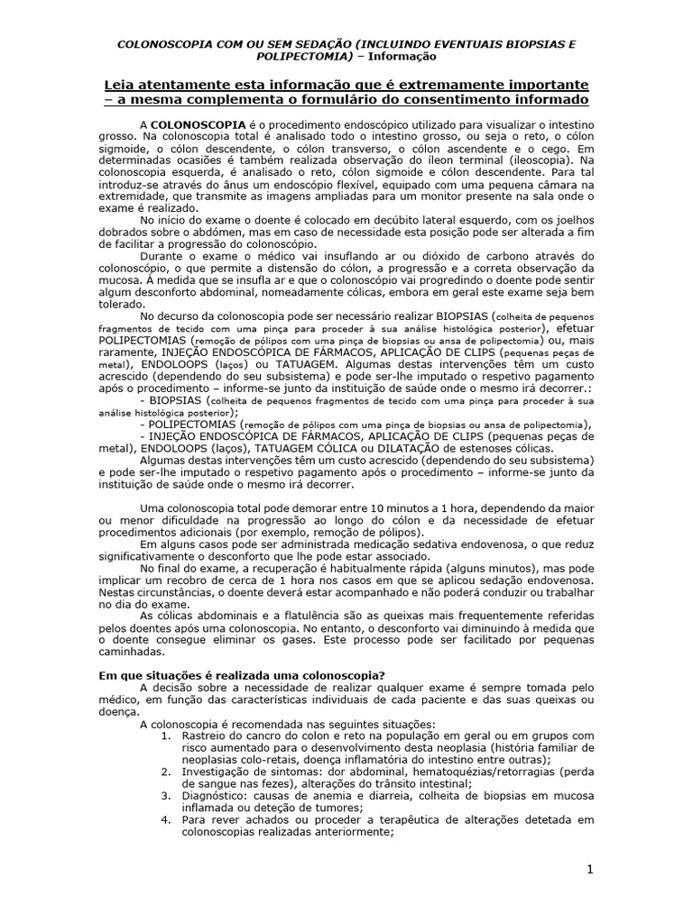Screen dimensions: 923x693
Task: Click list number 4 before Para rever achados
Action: [x=164, y=821]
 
